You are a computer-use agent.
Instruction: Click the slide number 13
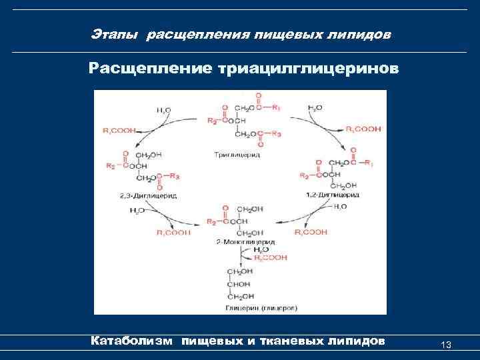pos(446,344)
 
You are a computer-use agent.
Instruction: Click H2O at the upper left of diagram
pos(163,108)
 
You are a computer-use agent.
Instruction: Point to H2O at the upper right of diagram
pos(315,107)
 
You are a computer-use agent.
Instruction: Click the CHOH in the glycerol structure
pos(241,284)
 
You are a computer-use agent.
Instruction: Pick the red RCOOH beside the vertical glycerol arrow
pos(275,257)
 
